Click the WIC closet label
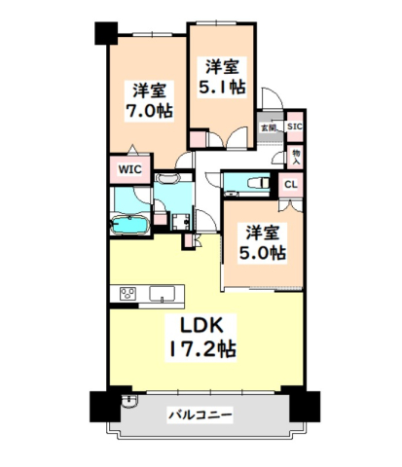[x=129, y=169]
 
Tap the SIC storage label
[x=295, y=126]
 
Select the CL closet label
[x=291, y=185]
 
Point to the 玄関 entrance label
[x=269, y=127]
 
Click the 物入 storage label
[x=296, y=157]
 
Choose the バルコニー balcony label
[x=201, y=414]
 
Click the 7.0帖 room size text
[x=149, y=111]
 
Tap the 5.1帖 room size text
[x=222, y=87]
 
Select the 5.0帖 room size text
[x=263, y=253]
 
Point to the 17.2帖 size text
[x=201, y=349]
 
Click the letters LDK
[x=201, y=325]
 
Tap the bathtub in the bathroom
[x=129, y=225]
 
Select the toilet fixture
[x=259, y=184]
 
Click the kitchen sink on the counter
[x=162, y=294]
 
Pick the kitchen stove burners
[x=128, y=294]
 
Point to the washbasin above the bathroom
[x=167, y=178]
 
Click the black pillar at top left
[x=106, y=33]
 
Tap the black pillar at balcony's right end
[x=305, y=407]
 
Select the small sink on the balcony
[x=129, y=401]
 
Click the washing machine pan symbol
[x=181, y=222]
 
